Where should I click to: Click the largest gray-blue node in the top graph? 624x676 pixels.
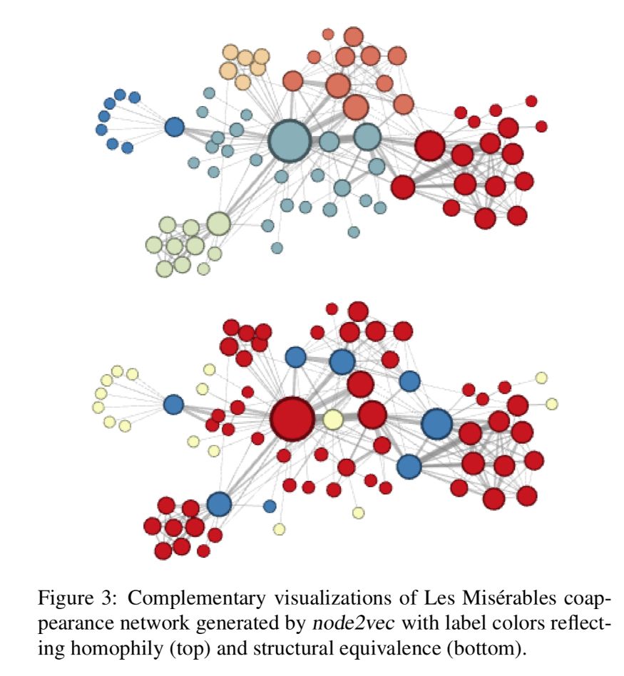click(290, 141)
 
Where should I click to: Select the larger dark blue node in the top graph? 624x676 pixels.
click(174, 128)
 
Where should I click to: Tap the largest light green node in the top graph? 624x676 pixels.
click(219, 223)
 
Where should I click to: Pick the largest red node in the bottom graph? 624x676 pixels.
click(292, 419)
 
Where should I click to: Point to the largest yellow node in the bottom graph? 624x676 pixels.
click(332, 420)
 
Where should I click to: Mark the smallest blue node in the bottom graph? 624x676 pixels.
click(270, 506)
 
